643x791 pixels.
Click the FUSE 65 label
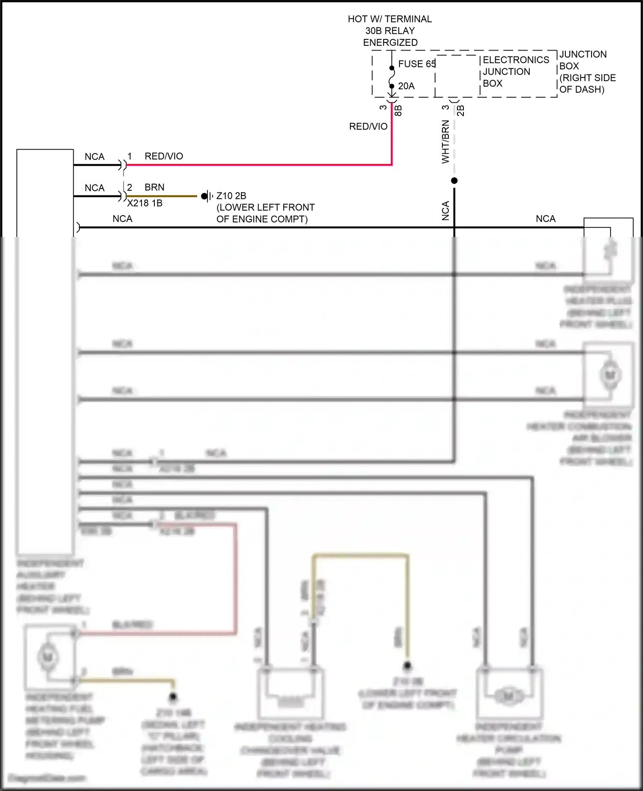[x=416, y=64]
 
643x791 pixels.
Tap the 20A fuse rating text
[x=406, y=86]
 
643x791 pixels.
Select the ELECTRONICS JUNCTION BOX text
[x=515, y=72]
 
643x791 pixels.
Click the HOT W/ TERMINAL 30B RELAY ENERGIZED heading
[x=390, y=31]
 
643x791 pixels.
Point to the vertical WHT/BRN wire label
[x=445, y=141]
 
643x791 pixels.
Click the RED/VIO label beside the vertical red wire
[x=368, y=126]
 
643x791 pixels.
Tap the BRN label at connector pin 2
[x=154, y=187]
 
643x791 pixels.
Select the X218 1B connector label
[x=144, y=203]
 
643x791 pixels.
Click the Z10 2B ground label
[x=231, y=196]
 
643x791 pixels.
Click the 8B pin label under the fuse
[x=398, y=111]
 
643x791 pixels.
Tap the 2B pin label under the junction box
[x=460, y=111]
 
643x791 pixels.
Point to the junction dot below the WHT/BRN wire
[x=454, y=181]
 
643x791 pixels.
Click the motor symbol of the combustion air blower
[x=610, y=375]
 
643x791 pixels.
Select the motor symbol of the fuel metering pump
[x=47, y=657]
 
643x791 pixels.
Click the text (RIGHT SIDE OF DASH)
[x=587, y=84]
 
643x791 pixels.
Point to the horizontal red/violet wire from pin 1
[x=257, y=165]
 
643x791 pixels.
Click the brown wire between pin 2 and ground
[x=163, y=196]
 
